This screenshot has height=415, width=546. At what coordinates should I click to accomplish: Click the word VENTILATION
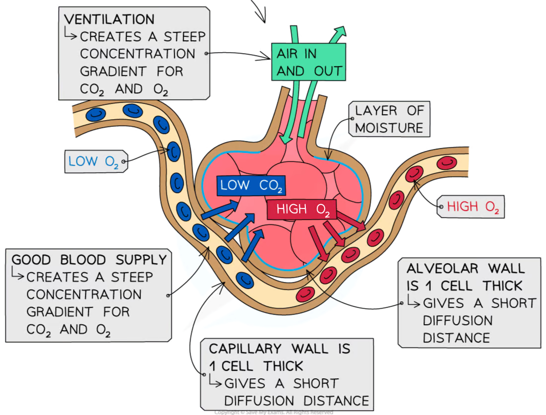pyautogui.click(x=109, y=19)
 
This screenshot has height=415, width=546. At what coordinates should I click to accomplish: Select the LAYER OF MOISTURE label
pyautogui.click(x=389, y=120)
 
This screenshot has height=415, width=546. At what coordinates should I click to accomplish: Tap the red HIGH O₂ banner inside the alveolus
pyautogui.click(x=301, y=209)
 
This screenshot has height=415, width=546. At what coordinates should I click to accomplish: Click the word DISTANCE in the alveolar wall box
pyautogui.click(x=456, y=338)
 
